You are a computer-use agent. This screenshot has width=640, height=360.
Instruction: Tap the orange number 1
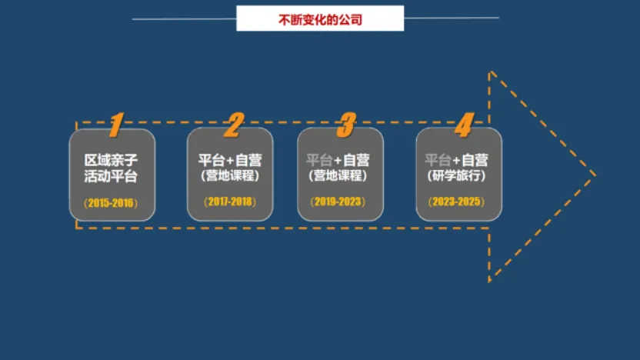point(116,125)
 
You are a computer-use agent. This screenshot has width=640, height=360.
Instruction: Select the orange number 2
point(232,125)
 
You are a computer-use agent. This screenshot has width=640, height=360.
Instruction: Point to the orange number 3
point(347,125)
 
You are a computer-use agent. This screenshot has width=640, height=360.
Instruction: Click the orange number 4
point(463,125)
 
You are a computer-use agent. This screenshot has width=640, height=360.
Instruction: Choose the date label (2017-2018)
point(230,202)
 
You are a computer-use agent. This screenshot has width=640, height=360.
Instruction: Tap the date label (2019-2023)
point(338,202)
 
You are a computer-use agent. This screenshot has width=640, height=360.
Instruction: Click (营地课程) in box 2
point(230,176)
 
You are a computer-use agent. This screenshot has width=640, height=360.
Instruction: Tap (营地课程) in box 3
point(338,176)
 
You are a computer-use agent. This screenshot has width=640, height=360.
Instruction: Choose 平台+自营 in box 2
point(230,160)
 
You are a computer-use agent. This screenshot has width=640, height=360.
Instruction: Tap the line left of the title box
point(184,18)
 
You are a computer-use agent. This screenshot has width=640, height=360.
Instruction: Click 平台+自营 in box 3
point(338,160)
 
